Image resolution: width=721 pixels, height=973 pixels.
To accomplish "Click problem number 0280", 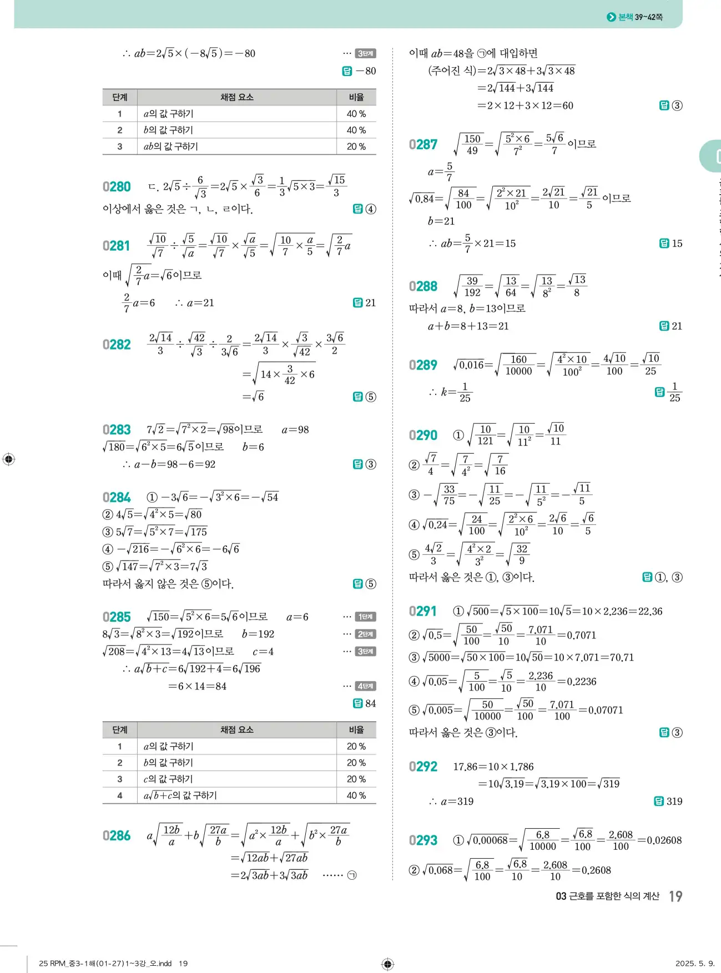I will tap(117, 187).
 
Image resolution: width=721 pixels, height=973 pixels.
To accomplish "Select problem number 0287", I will tap(423, 145).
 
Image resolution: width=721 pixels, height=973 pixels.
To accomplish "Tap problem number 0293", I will tap(423, 840).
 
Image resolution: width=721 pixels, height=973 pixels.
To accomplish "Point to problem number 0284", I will tap(117, 498).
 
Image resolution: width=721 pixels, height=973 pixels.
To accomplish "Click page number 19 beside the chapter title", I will tap(675, 896).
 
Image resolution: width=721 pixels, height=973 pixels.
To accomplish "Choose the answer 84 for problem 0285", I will tap(370, 703).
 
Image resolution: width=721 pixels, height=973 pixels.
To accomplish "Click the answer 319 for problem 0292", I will tap(674, 801).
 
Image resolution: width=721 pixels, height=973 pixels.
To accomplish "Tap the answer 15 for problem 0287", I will tap(677, 244).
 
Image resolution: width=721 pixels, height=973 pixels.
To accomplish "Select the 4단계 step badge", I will tap(365, 686).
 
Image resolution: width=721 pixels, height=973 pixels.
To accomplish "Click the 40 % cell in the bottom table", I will tap(356, 795).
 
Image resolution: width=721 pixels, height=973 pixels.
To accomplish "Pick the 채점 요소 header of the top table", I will tap(237, 97).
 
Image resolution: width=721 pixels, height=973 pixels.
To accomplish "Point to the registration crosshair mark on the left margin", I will tap(9, 459).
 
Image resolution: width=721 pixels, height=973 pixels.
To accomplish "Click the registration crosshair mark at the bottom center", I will tap(388, 964).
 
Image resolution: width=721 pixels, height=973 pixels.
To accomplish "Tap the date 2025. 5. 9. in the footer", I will tap(695, 963).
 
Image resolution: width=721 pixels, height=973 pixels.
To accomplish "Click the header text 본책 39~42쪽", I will tap(640, 17).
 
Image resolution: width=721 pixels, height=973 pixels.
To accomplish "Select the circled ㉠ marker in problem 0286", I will tap(351, 875).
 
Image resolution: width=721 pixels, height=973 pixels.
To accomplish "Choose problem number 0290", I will tap(423, 435).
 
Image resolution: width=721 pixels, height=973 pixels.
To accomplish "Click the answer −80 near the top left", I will tap(366, 71).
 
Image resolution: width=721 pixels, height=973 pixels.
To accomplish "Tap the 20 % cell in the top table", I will tap(356, 146).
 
